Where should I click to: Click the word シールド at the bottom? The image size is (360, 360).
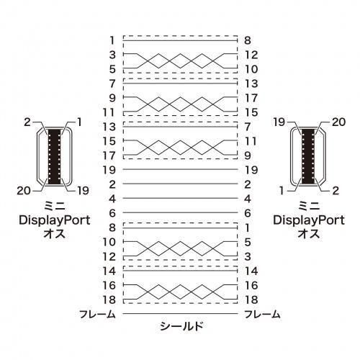click(x=181, y=326)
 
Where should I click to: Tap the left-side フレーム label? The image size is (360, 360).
click(x=97, y=314)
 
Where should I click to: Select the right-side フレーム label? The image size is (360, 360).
click(x=262, y=314)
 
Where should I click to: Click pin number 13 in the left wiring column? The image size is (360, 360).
click(x=109, y=127)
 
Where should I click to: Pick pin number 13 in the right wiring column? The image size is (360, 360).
click(x=251, y=84)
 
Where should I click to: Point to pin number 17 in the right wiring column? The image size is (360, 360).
click(x=251, y=98)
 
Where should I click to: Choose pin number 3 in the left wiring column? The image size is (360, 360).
click(x=112, y=55)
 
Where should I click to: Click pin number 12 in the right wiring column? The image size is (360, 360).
click(x=251, y=55)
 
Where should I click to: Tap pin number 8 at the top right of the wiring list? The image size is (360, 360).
click(x=248, y=40)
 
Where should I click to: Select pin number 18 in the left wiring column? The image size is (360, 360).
click(x=109, y=300)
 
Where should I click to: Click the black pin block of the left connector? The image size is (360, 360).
click(x=54, y=157)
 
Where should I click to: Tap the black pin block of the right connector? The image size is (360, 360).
click(x=308, y=157)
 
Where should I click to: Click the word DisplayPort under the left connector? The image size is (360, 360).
click(x=55, y=221)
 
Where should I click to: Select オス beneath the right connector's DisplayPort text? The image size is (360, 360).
click(x=309, y=233)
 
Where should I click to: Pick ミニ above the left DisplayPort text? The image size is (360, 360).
click(x=55, y=206)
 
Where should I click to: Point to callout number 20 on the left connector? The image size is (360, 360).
click(x=24, y=191)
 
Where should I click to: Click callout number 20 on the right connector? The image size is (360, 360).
click(x=338, y=122)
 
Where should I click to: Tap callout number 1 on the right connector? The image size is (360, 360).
click(x=282, y=191)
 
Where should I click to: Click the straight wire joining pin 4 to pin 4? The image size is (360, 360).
click(x=180, y=199)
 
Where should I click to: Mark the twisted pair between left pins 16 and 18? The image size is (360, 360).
click(x=180, y=292)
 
